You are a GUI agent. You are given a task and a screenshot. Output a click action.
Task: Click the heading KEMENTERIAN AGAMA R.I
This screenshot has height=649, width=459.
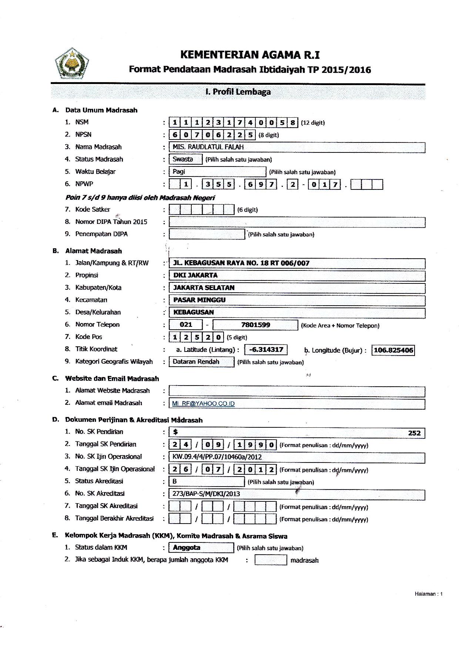pyautogui.click(x=250, y=55)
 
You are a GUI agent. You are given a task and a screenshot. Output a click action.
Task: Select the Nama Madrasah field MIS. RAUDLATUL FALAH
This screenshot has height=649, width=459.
pyautogui.click(x=208, y=147)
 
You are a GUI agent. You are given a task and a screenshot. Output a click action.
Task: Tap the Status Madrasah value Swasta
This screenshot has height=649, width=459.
pyautogui.click(x=183, y=159)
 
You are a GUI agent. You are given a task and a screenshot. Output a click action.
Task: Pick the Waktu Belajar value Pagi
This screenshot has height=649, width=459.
pyautogui.click(x=179, y=172)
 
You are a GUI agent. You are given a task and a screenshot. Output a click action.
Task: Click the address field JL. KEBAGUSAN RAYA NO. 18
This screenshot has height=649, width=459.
pyautogui.click(x=241, y=263)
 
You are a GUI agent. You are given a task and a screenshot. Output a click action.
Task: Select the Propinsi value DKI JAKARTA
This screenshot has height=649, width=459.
pyautogui.click(x=195, y=275)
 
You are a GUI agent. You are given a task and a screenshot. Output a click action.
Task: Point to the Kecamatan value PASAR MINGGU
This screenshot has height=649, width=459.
pyautogui.click(x=199, y=300)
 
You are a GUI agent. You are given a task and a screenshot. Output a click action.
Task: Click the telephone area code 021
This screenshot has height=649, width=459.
pyautogui.click(x=186, y=325)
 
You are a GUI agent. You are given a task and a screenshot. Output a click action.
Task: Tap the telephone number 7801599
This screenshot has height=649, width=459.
pyautogui.click(x=255, y=325)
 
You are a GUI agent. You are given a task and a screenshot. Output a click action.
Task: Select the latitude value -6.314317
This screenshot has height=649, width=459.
pyautogui.click(x=266, y=350)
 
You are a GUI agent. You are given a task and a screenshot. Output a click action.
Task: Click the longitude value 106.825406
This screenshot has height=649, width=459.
pyautogui.click(x=393, y=350)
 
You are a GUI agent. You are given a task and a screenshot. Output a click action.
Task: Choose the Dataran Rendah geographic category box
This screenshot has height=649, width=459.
pyautogui.click(x=196, y=362)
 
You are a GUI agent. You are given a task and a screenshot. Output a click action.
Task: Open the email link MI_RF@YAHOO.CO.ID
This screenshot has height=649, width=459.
pyautogui.click(x=203, y=404)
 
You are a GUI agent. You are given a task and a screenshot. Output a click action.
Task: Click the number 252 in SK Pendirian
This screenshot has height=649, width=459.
pyautogui.click(x=414, y=433)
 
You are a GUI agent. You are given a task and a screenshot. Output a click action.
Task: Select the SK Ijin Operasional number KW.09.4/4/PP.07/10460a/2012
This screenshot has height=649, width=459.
pyautogui.click(x=217, y=457)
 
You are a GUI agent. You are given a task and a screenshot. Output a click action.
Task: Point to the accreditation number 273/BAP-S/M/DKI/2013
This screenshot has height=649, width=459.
pyautogui.click(x=206, y=494)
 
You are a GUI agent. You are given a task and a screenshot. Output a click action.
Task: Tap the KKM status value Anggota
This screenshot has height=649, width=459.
pyautogui.click(x=187, y=548)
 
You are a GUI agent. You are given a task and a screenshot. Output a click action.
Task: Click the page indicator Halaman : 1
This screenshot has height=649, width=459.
pyautogui.click(x=428, y=594)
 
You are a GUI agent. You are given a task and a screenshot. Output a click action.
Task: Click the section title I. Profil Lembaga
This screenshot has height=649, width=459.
pyautogui.click(x=238, y=92)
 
